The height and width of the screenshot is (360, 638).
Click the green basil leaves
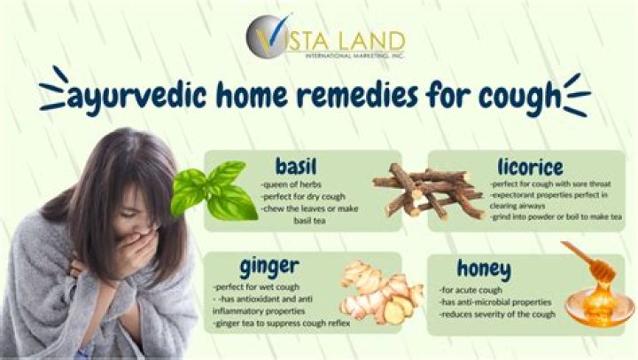[x=214, y=190]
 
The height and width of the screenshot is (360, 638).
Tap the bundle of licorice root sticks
[x=425, y=190]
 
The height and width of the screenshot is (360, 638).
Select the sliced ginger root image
[x=381, y=292]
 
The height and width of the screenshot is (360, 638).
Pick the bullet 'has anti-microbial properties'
[x=496, y=302]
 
